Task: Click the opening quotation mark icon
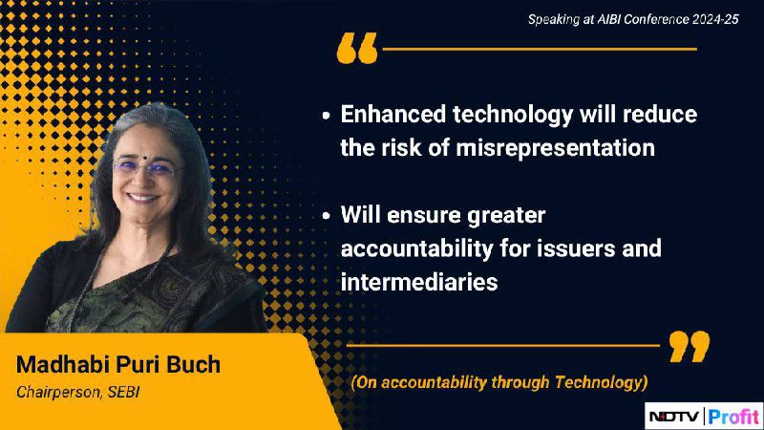click(357, 48)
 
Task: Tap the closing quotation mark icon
click(690, 346)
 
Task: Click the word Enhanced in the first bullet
click(393, 114)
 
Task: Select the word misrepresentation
click(556, 148)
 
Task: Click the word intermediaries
click(419, 282)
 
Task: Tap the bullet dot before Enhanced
click(326, 116)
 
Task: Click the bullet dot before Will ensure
click(326, 216)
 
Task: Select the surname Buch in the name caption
click(194, 364)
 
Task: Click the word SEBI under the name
click(124, 392)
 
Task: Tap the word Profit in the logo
click(733, 417)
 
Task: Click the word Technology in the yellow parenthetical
click(601, 382)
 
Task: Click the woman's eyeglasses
click(146, 168)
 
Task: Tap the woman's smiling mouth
click(142, 198)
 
